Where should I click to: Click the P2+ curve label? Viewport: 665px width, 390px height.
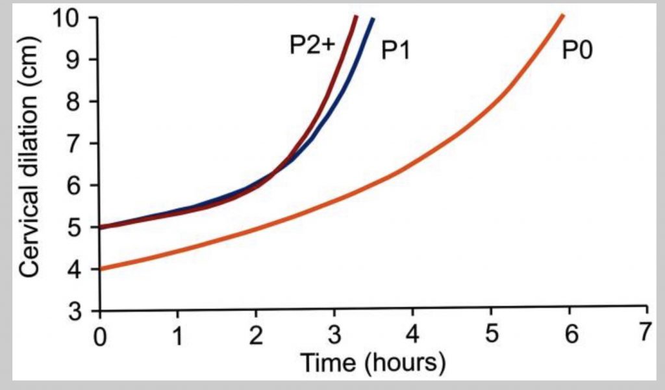(x=311, y=45)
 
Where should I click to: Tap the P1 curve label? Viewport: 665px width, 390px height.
(x=394, y=51)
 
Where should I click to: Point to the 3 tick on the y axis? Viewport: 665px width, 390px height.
(x=82, y=311)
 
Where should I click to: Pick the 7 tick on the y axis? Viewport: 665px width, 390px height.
(x=82, y=143)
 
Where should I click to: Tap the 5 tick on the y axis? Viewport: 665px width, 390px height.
(x=82, y=227)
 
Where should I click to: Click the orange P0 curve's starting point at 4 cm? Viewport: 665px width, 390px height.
(x=101, y=269)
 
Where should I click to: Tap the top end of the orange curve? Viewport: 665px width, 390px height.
(x=562, y=16)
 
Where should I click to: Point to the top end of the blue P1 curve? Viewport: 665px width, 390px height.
(x=373, y=18)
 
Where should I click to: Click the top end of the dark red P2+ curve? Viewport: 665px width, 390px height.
(x=355, y=16)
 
